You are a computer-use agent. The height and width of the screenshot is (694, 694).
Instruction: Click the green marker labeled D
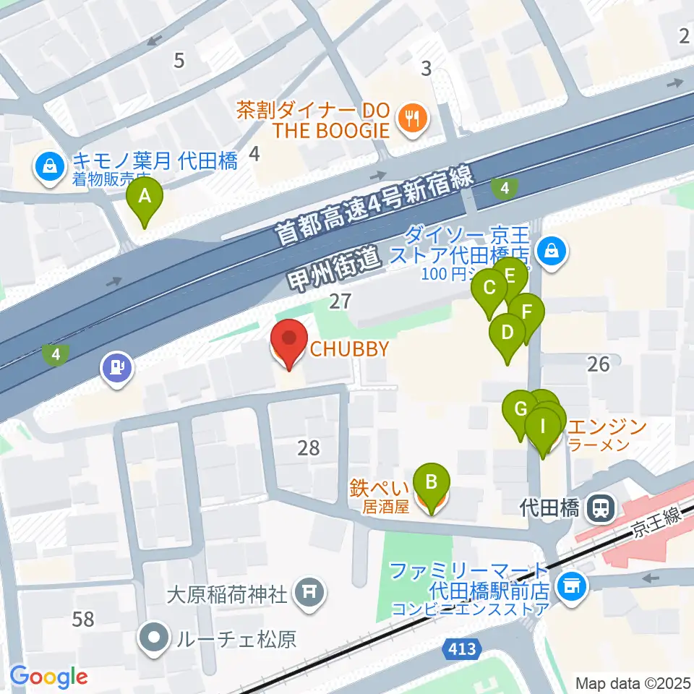point(507,335)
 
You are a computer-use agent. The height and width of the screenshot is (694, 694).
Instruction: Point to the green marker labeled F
point(528,314)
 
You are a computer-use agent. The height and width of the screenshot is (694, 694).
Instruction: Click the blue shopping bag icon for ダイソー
point(552,252)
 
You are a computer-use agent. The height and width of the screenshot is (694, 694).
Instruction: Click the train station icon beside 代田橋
point(599,508)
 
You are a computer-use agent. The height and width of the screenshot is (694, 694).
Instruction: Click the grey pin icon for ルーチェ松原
point(155,639)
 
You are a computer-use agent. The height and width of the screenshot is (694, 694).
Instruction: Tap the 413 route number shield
point(460,650)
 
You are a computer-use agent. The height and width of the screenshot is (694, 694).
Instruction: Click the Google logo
point(48,677)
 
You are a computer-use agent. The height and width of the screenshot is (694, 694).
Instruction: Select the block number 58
point(83,619)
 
